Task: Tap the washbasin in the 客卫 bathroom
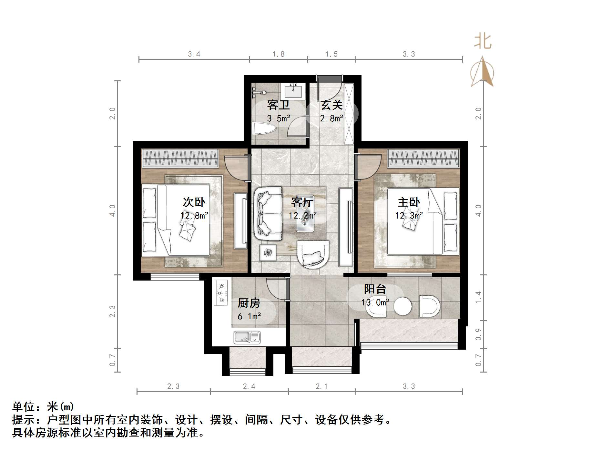click(293, 91)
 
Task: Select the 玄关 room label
click(331, 105)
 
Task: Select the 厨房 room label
click(249, 303)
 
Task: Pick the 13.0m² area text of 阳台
click(375, 302)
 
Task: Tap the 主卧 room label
click(409, 202)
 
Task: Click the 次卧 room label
click(194, 202)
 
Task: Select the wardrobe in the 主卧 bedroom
click(423, 158)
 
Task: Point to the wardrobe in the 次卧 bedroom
click(180, 158)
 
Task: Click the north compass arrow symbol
click(482, 72)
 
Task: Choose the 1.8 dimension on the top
click(278, 54)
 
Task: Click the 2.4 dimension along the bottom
click(249, 386)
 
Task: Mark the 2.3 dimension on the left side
click(112, 311)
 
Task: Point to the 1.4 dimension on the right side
click(478, 297)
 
